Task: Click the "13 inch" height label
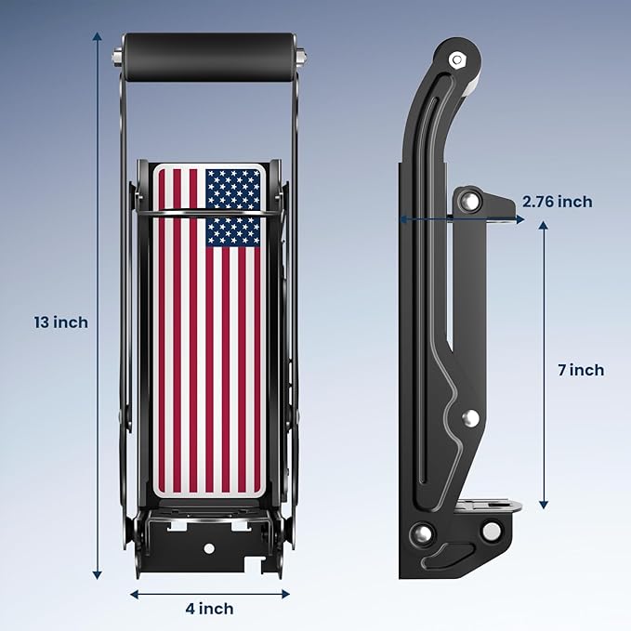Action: (60, 322)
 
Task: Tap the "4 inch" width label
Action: (209, 609)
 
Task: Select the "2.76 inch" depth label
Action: (557, 202)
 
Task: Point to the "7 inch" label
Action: (581, 370)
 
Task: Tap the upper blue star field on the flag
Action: (232, 189)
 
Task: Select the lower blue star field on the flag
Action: (232, 231)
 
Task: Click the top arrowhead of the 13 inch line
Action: (98, 36)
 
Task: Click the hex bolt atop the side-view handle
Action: (456, 60)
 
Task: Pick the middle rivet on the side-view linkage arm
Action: (471, 418)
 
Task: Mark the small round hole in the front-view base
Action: (209, 550)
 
